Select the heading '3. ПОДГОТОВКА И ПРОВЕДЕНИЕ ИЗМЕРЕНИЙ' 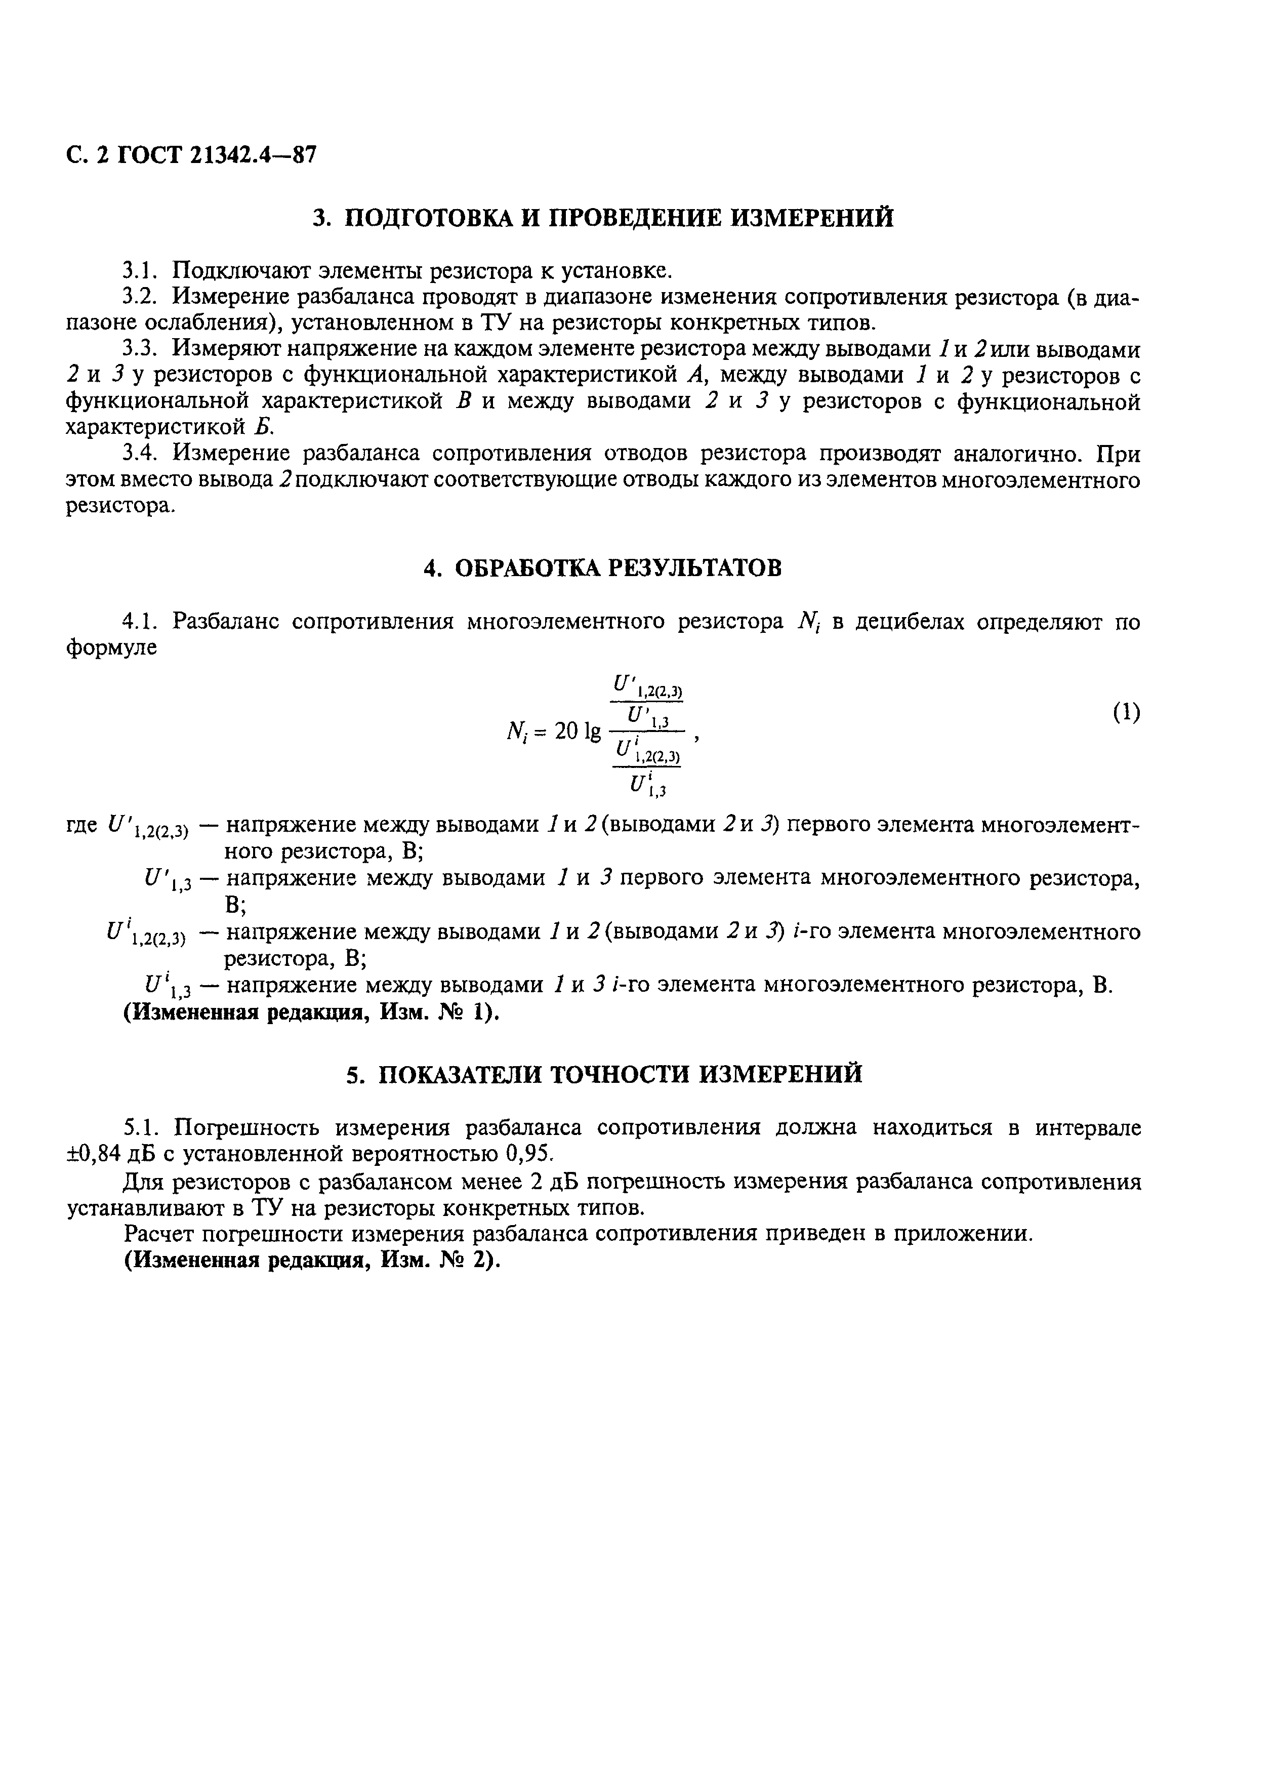click(x=603, y=218)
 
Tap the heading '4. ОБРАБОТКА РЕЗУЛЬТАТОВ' click(x=603, y=567)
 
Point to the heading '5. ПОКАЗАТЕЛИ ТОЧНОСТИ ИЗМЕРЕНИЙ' click(x=604, y=1074)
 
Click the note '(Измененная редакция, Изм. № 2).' click(x=312, y=1260)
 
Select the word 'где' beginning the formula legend click(x=81, y=825)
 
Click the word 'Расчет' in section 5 click(x=157, y=1234)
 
